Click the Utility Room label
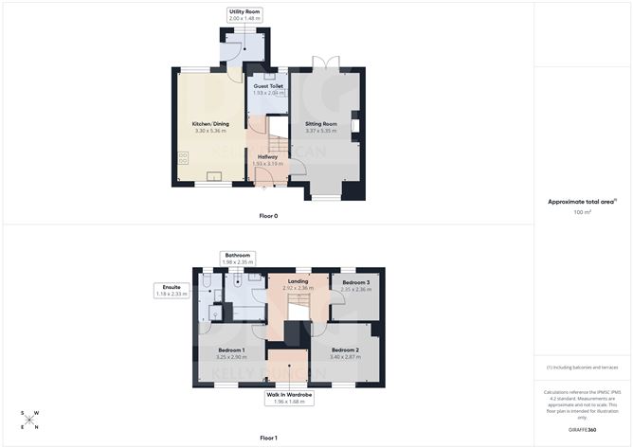click(244, 11)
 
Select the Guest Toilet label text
click(268, 86)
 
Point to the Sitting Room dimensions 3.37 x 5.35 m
click(321, 131)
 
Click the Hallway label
click(267, 156)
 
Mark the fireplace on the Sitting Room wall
click(354, 124)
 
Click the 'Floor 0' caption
click(268, 216)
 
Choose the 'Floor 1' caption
click(268, 438)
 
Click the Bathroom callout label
click(237, 255)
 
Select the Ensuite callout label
click(172, 287)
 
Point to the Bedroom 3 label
click(356, 283)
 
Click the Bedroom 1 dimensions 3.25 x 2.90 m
click(231, 357)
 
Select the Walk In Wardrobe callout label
click(288, 394)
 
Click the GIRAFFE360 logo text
click(582, 430)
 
